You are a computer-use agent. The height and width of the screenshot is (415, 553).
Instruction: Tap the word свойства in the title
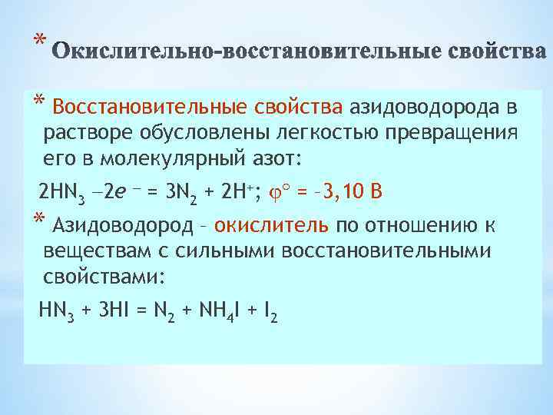[495, 53]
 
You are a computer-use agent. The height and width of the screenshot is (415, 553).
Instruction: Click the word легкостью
[320, 132]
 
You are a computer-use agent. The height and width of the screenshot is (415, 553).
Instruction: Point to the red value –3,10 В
[345, 191]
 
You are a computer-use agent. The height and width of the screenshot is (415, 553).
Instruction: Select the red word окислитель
[272, 224]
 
